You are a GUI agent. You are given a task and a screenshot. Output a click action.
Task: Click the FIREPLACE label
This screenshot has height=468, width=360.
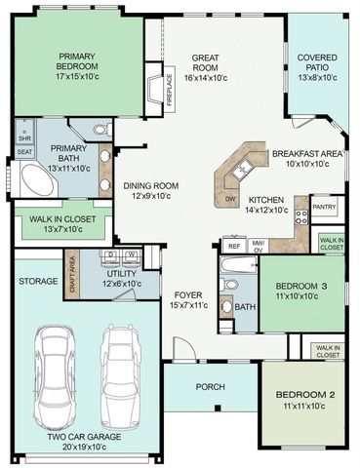[x=169, y=90]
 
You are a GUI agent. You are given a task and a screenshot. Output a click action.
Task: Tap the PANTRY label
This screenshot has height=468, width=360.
[x=324, y=207]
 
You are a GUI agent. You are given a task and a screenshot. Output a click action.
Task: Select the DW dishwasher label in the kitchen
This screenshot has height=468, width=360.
[x=230, y=199]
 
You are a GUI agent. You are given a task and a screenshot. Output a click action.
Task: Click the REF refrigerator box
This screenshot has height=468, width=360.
[x=234, y=246]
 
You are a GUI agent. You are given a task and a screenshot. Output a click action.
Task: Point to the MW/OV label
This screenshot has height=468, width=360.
[x=259, y=246]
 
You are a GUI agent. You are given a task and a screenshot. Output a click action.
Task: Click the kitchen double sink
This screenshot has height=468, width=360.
[x=241, y=169]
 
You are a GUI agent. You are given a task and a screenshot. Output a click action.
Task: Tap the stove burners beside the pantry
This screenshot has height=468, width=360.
[x=301, y=216]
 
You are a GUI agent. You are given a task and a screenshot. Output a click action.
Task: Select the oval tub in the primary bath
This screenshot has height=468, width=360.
[x=37, y=180]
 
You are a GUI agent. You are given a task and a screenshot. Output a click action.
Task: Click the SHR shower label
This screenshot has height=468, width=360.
[x=24, y=138]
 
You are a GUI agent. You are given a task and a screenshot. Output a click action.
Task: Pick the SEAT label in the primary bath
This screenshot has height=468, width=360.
[x=24, y=152]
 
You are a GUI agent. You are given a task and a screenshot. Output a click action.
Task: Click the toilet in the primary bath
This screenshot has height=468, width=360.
[x=102, y=130]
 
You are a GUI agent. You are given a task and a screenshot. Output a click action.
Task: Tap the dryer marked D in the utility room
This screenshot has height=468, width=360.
[x=111, y=255]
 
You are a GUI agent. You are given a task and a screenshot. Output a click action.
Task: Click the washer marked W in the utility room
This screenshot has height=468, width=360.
[x=131, y=255]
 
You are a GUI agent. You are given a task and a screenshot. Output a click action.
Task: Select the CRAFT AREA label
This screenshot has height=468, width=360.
[x=72, y=275]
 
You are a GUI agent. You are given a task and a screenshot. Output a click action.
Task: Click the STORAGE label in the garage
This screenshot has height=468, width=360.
[x=38, y=281]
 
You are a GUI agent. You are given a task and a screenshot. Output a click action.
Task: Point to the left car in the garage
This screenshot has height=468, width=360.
[x=55, y=373]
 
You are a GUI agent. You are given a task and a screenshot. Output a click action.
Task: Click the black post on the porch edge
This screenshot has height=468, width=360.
[x=218, y=408]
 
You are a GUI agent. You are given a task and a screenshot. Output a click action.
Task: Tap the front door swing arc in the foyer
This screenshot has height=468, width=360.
[x=188, y=344]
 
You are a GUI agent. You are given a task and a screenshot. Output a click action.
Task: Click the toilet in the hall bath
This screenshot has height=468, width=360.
[x=229, y=285]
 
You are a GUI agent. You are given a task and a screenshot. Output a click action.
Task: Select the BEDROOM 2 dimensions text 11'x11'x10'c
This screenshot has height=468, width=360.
[x=304, y=406]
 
